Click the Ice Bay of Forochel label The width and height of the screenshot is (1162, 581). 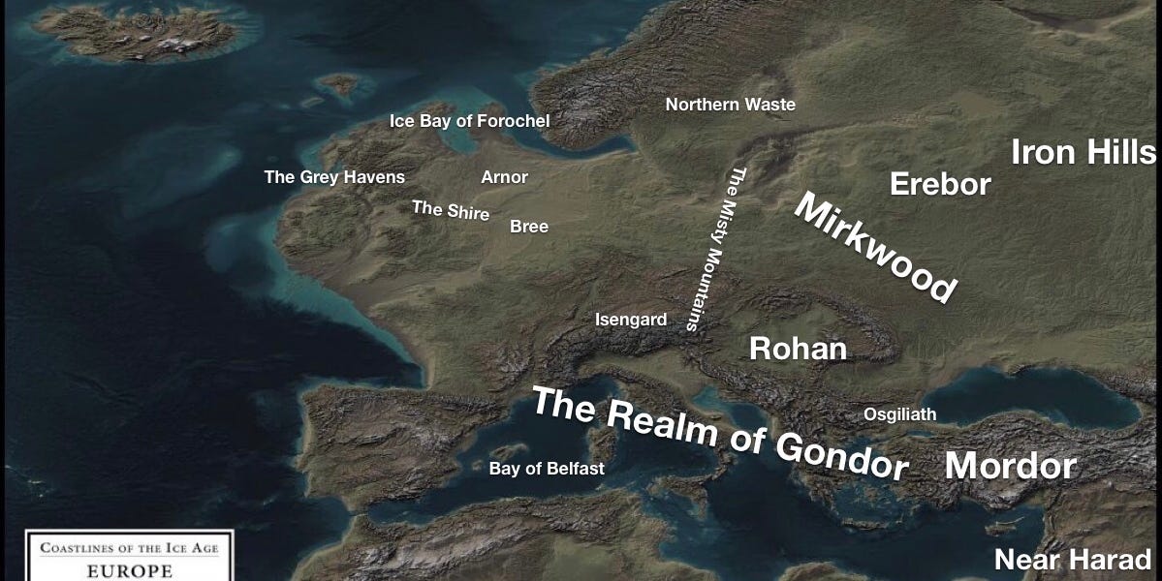469,121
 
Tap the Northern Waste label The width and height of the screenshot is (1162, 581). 730,105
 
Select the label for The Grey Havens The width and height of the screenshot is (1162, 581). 334,177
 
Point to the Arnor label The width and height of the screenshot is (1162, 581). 504,177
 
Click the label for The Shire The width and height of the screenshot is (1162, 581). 451,210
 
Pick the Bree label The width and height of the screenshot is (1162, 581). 529,227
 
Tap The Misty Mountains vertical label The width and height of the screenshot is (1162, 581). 713,250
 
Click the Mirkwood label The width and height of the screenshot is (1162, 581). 875,246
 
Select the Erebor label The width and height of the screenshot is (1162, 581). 940,184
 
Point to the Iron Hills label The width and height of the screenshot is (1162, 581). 1083,152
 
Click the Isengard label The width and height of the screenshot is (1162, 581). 631,320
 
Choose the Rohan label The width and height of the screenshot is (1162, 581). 798,349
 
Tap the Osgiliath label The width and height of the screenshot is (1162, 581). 900,414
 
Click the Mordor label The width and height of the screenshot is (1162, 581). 1011,467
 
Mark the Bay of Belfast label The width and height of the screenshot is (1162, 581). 547,469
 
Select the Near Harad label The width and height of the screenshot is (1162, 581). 1073,560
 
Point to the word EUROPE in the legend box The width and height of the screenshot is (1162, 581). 129,570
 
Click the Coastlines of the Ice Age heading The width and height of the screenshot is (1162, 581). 129,549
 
